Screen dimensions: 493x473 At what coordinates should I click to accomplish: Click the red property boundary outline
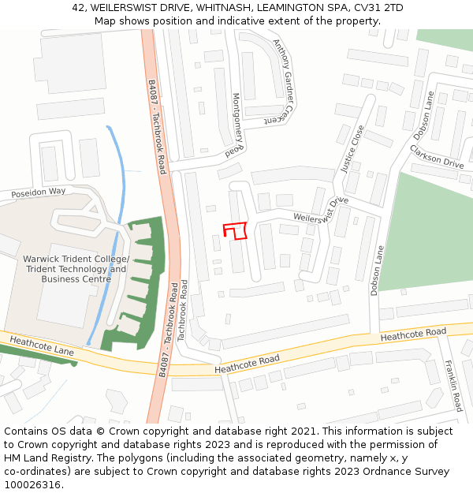click(235, 230)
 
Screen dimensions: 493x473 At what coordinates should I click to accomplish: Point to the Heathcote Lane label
click(42, 348)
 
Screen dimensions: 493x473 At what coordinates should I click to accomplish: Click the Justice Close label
click(351, 149)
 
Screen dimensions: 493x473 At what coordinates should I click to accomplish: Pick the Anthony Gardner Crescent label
click(282, 82)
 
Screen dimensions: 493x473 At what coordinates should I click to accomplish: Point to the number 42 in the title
click(78, 7)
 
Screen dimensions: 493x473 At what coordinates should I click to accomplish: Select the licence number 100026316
click(32, 485)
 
